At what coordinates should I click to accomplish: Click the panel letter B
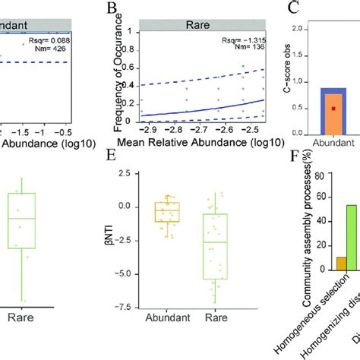pyautogui.click(x=113, y=9)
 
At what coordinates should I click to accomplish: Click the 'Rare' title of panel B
pyautogui.click(x=193, y=24)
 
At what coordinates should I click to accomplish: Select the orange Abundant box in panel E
pyautogui.click(x=167, y=211)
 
